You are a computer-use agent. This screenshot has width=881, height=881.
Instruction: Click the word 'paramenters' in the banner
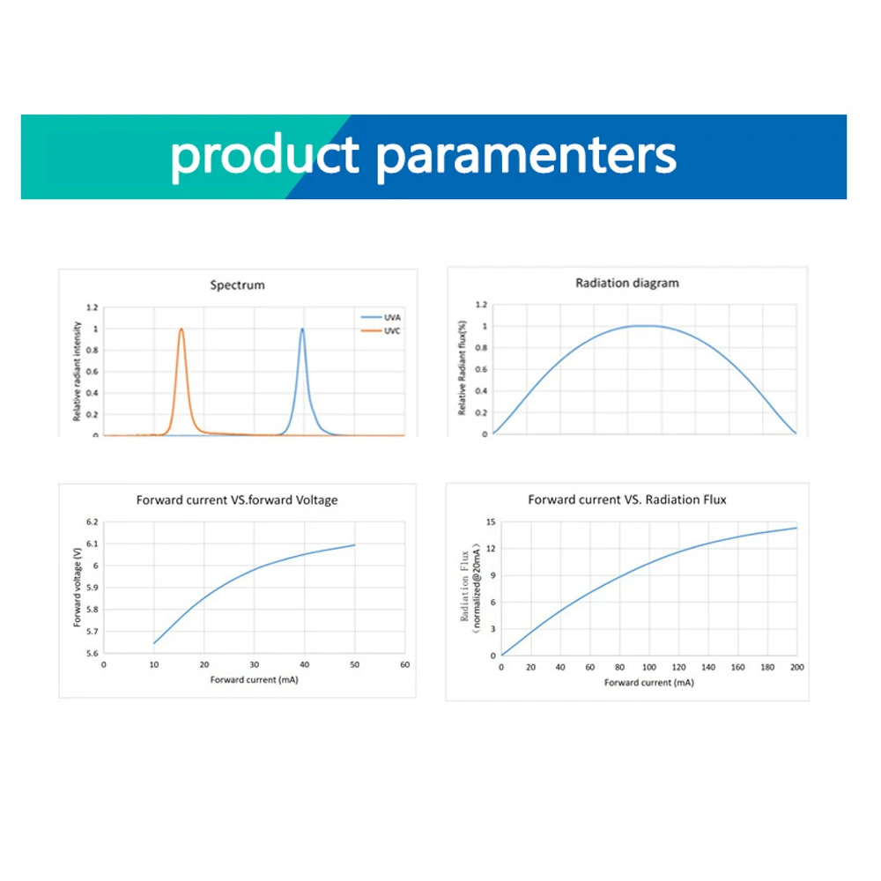point(526,158)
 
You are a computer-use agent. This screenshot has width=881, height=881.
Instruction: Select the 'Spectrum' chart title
point(237,285)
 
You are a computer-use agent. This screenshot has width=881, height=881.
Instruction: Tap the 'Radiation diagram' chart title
point(627,283)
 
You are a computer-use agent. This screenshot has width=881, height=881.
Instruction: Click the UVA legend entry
point(381,317)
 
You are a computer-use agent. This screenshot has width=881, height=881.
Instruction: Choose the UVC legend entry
point(381,331)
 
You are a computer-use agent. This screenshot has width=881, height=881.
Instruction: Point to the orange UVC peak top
point(181,329)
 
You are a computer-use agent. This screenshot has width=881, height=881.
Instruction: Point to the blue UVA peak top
point(302,329)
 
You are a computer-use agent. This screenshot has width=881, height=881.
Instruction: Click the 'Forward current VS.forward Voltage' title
point(237,500)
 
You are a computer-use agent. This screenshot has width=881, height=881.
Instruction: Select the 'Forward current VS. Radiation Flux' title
point(627,500)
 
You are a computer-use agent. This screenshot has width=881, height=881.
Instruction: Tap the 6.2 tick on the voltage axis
point(93,522)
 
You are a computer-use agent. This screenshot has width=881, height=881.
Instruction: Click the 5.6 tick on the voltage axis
point(93,654)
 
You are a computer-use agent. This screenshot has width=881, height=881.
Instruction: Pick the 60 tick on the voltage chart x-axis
point(404,664)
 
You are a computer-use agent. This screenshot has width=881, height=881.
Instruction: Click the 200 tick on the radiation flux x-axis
point(796,668)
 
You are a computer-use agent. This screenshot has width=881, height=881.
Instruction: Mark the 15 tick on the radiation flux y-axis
point(491,522)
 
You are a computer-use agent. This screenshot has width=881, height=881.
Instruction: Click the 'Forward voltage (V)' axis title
point(78,588)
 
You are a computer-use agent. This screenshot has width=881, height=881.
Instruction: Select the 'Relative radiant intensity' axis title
point(77,372)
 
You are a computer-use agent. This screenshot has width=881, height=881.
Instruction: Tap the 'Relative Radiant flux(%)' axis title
point(462,368)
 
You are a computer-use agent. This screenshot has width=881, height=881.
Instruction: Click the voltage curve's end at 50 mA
point(354,545)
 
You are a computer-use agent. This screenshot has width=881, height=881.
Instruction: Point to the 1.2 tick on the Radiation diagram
point(481,305)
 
